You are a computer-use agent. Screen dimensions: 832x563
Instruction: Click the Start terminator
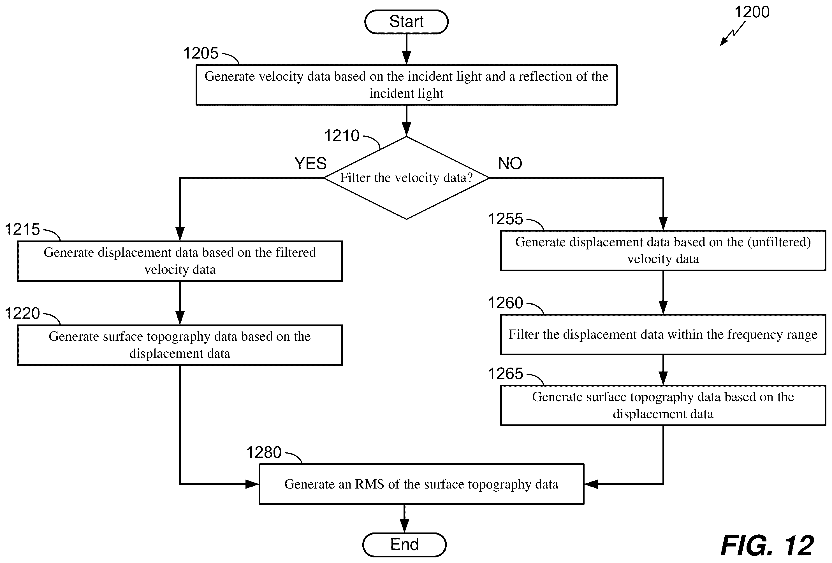406,22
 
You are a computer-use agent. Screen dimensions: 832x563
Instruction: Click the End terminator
405,545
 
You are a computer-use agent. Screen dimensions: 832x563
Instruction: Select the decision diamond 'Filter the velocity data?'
406,178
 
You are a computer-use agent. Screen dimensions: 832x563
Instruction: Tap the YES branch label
310,163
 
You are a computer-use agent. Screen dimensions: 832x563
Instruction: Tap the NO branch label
510,163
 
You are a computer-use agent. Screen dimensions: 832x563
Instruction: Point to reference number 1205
201,53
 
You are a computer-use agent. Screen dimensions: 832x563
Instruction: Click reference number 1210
342,136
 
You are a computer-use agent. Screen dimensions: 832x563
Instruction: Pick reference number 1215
22,229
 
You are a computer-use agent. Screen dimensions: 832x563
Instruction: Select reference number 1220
22,313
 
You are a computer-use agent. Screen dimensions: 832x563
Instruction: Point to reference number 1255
506,219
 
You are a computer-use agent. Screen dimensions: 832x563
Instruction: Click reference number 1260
506,303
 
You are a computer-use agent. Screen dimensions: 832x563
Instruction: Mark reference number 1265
506,374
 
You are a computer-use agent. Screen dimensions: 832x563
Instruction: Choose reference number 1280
264,452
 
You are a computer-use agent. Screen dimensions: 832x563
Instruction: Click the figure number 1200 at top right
752,12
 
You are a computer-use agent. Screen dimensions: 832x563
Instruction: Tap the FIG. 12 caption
767,545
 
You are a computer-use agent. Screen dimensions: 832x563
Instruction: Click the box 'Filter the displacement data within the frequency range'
663,335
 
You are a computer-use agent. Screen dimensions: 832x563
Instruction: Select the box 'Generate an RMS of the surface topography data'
421,484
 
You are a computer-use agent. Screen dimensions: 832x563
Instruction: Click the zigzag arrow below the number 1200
733,34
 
